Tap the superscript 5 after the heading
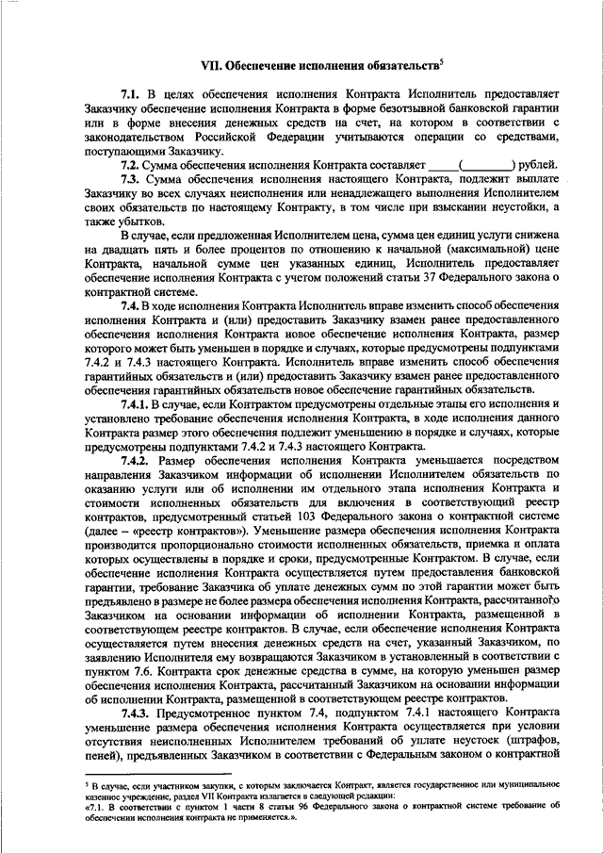click(442, 61)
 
